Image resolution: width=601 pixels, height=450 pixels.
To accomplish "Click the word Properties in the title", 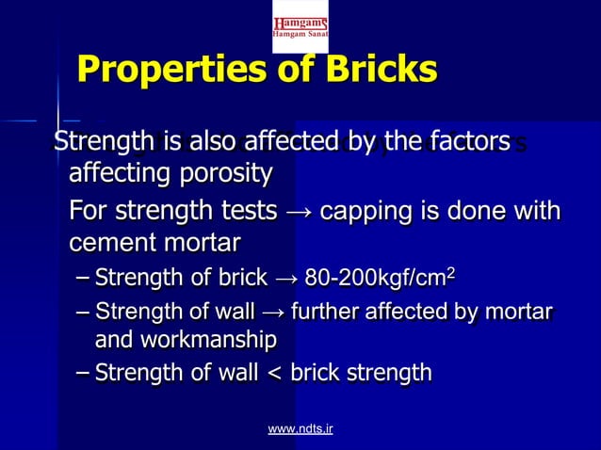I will pyautogui.click(x=170, y=70).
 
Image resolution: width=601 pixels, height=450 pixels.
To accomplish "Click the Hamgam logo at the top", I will pyautogui.click(x=300, y=25).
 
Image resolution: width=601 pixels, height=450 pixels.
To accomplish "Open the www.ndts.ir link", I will pyautogui.click(x=300, y=429).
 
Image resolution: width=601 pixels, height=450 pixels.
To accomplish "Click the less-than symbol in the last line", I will pyautogui.click(x=276, y=374).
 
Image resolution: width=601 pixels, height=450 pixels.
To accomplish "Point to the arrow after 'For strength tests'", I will pyautogui.click(x=298, y=210).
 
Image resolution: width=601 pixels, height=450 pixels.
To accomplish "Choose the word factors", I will pyautogui.click(x=467, y=142).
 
